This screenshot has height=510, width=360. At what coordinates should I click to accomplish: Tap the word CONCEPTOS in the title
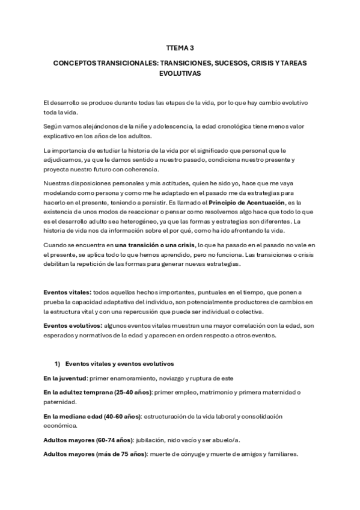pyautogui.click(x=75, y=63)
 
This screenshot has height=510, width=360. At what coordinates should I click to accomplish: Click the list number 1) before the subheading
pyautogui.click(x=58, y=364)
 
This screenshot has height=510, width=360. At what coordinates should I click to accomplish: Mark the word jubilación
pyautogui.click(x=154, y=440)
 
